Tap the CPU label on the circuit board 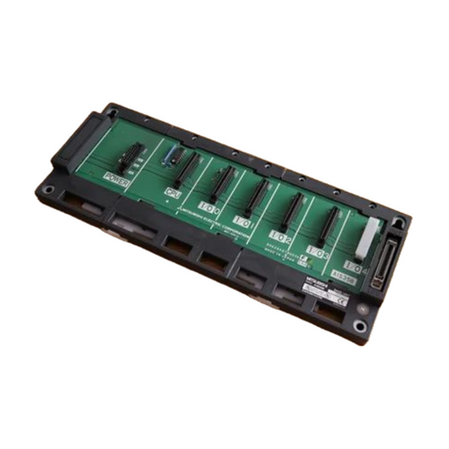click(173, 192)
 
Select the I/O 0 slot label click(209, 205)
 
